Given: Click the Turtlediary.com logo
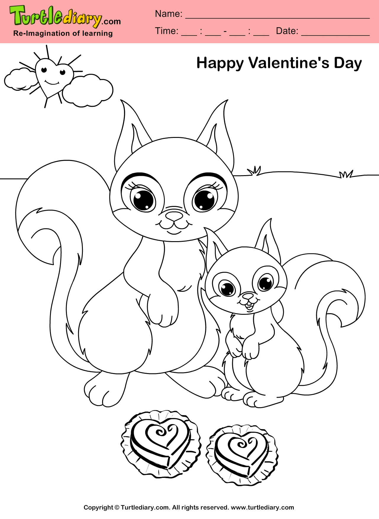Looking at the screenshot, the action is pos(65,17).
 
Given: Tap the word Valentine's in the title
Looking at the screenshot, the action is pos(288,63).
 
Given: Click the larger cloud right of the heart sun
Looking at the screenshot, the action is pos(88,90).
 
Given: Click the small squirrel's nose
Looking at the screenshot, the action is pos(248,296).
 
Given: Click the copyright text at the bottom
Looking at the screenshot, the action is pos(189,507).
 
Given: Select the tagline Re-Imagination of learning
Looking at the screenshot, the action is pos(63,33).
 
